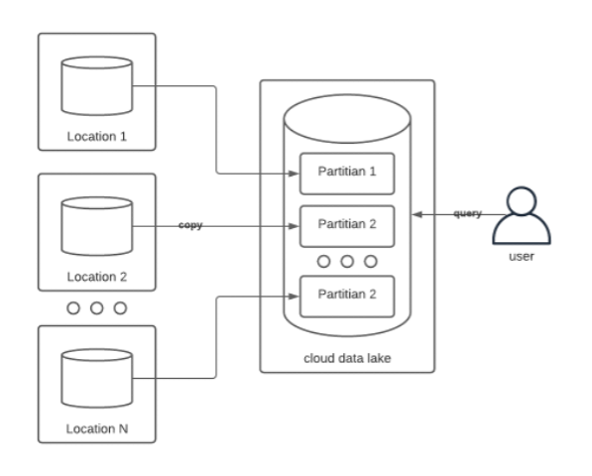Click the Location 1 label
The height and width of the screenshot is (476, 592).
click(96, 136)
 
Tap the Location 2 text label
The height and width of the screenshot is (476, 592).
click(96, 277)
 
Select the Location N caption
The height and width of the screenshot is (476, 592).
click(96, 428)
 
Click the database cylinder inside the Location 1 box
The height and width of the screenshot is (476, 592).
click(97, 86)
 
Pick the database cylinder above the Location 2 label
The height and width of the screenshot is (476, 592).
click(97, 226)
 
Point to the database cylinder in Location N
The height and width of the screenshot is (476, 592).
click(97, 378)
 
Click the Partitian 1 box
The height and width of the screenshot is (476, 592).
click(347, 174)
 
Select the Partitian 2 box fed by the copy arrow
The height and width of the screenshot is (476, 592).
click(347, 226)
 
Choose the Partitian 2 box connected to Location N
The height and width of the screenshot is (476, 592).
click(347, 297)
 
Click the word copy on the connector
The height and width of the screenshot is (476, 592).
click(190, 225)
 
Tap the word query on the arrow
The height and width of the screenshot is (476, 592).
click(467, 213)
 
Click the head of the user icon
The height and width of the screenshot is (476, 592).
click(522, 201)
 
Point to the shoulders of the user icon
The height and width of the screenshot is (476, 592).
click(522, 229)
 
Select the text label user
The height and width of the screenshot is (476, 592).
click(522, 256)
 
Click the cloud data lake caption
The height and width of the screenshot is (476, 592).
click(347, 358)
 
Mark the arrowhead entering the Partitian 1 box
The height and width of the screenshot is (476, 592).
click(294, 174)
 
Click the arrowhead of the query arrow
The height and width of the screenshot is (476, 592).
click(417, 214)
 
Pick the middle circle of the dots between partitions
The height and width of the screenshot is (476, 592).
click(347, 261)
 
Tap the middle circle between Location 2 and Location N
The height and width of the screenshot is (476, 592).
click(96, 308)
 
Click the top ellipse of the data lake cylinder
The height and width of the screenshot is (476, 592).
click(347, 119)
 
